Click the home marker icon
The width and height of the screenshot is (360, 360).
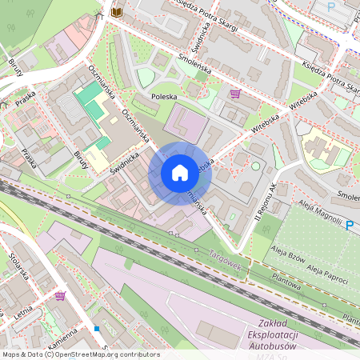tap(180, 172)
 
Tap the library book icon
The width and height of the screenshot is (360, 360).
tap(118, 12)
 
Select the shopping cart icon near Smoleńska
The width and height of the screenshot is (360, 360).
tap(234, 94)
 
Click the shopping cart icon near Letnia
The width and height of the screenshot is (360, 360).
tap(60, 296)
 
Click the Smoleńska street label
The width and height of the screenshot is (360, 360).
tap(193, 62)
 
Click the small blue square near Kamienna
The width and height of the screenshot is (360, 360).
tap(97, 328)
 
